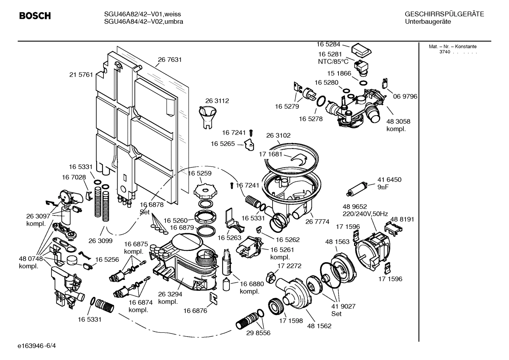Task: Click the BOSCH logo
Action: tap(35, 16)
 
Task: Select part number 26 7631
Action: tap(170, 60)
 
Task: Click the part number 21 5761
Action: tap(81, 75)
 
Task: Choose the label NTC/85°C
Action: tap(333, 61)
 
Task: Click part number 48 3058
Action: tap(398, 122)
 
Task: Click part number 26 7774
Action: tap(317, 222)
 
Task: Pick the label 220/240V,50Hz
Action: tap(365, 214)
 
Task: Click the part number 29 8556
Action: tap(258, 333)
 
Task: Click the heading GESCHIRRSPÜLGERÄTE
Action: tap(444, 14)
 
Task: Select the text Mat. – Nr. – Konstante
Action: tap(453, 47)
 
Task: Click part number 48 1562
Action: tap(319, 326)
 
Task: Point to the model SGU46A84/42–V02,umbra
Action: tap(144, 22)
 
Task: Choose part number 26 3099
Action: tap(100, 241)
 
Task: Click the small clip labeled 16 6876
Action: tap(214, 297)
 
